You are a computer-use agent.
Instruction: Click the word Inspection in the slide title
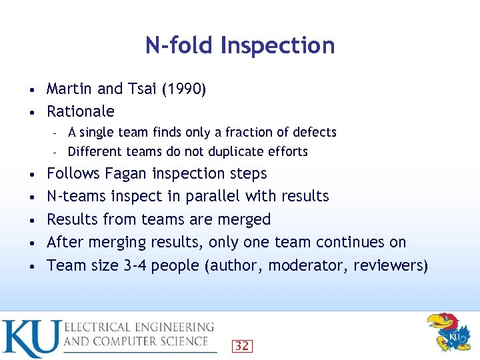[277, 46]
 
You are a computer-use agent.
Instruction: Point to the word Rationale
[81, 111]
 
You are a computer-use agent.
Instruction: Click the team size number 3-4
[136, 265]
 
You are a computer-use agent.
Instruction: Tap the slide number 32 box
[241, 346]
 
